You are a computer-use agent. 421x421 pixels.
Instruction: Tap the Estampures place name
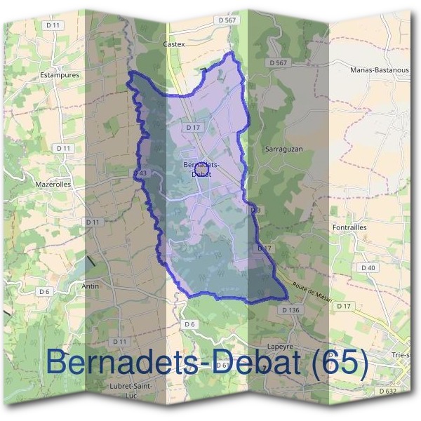point(60,74)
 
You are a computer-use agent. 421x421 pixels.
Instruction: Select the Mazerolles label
point(53,185)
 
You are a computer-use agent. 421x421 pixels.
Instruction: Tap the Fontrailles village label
point(349,227)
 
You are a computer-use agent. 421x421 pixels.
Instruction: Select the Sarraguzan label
point(283,149)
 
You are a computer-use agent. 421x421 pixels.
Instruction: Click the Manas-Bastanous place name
point(379,70)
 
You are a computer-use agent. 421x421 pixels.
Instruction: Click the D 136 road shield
point(290,309)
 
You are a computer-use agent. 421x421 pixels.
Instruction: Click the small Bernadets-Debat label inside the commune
point(201,168)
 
